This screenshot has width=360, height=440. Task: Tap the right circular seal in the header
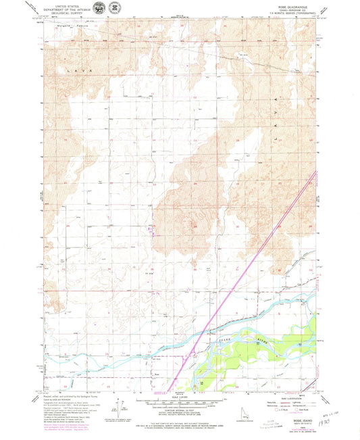pyautogui.click(x=115, y=8)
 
